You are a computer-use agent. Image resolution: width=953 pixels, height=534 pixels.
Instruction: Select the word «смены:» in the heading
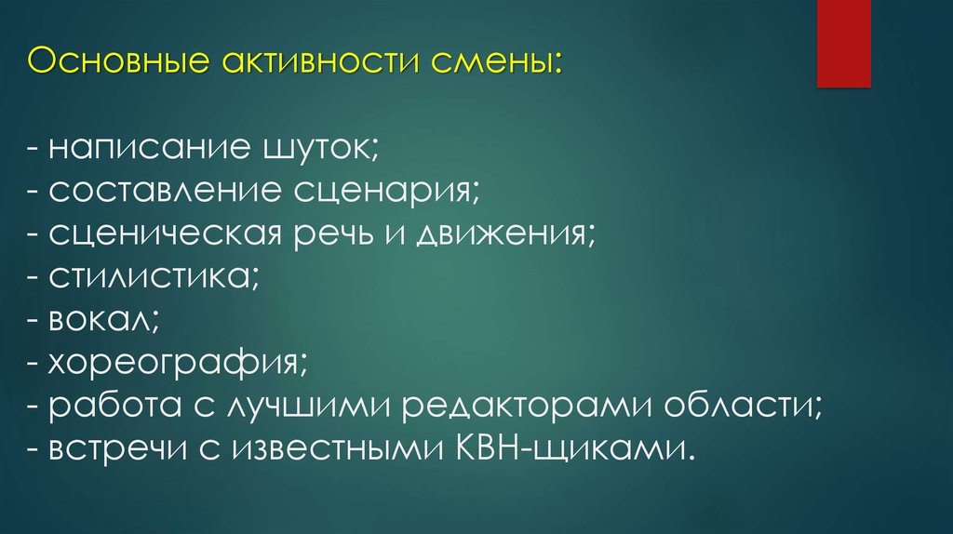click(497, 65)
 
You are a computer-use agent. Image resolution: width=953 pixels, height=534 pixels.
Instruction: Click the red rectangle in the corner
click(843, 43)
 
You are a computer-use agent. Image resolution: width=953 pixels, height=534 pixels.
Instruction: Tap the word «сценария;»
click(387, 192)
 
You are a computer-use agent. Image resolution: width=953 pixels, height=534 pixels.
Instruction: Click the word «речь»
click(331, 235)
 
